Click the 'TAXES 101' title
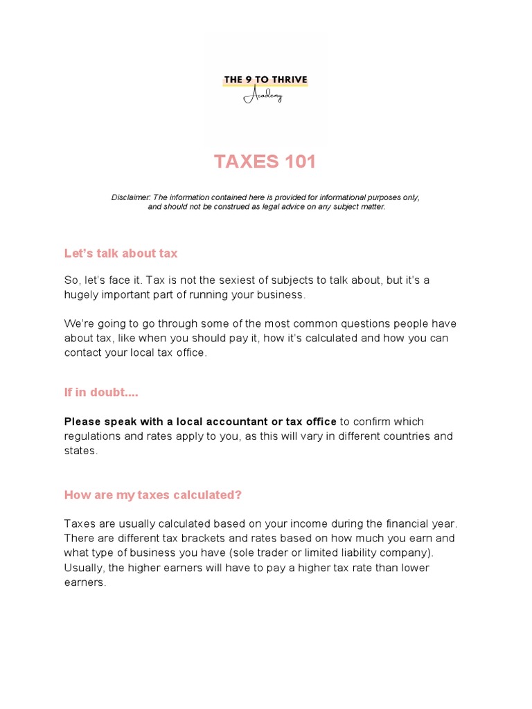265,161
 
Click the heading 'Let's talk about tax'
121,253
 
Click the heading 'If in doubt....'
101,393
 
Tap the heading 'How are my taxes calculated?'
153,495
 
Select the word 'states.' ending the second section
81,451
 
